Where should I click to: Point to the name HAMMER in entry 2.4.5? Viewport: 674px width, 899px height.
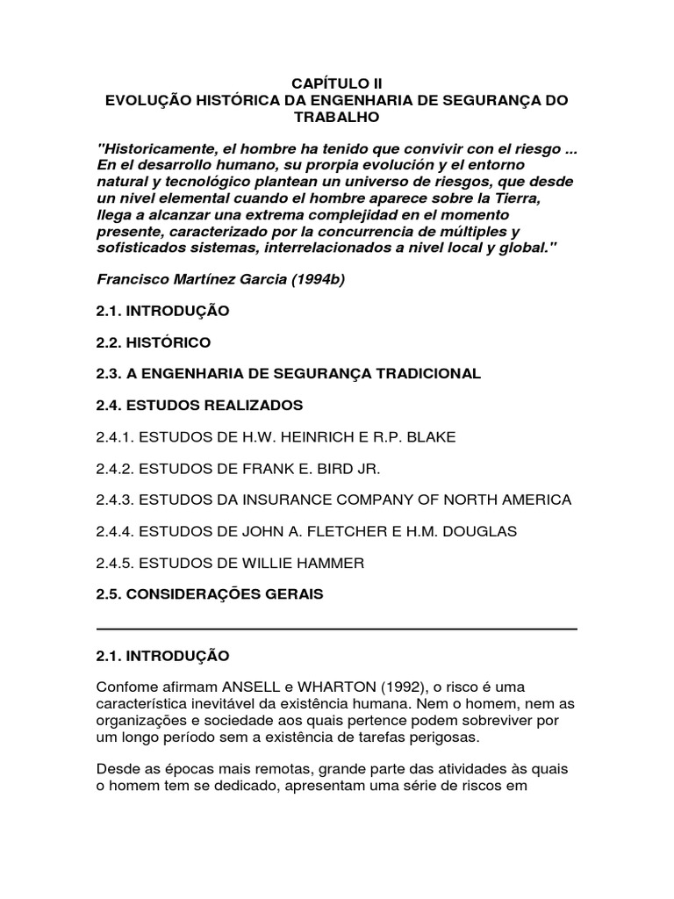(333, 563)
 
